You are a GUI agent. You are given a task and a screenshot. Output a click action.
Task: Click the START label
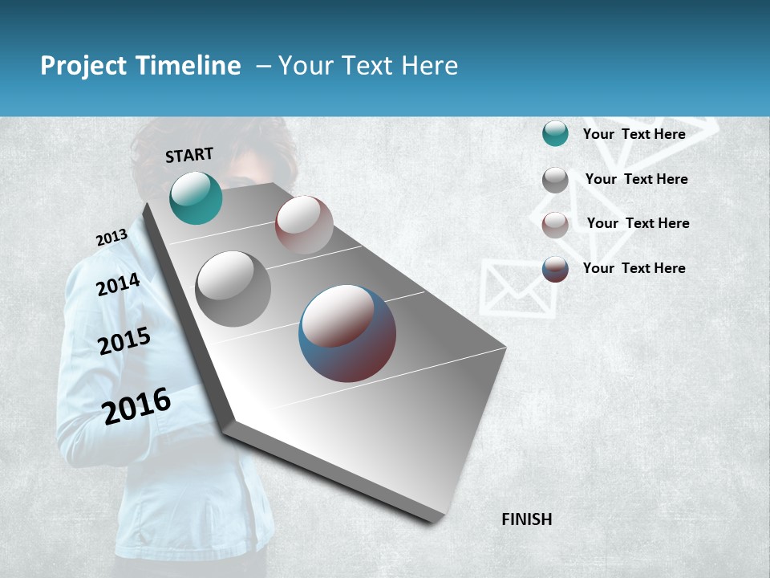pos(189,155)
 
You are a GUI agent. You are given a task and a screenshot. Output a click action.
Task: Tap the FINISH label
pos(526,519)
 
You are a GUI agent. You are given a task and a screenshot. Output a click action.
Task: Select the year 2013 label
pos(111,238)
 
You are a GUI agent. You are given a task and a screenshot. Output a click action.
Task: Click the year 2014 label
pos(118,284)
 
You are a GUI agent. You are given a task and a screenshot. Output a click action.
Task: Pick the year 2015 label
pos(124,341)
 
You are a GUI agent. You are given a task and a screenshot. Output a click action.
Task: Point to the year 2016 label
pos(137,406)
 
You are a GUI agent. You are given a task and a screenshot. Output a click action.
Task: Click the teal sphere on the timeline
pos(196,198)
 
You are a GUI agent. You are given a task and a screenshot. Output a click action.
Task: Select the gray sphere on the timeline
pos(233,289)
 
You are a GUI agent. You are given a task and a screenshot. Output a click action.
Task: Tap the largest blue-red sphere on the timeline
pos(347,333)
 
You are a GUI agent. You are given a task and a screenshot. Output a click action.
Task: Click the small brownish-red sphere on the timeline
pos(304,225)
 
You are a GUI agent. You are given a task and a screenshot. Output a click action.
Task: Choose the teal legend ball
pos(555,134)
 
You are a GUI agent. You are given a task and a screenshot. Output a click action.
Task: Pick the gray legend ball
pos(555,180)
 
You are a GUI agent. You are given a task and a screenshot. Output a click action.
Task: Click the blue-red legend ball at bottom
pos(555,269)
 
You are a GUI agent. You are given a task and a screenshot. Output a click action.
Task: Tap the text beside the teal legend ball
pos(634,134)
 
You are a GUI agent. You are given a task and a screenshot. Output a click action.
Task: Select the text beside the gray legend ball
pos(636,179)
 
